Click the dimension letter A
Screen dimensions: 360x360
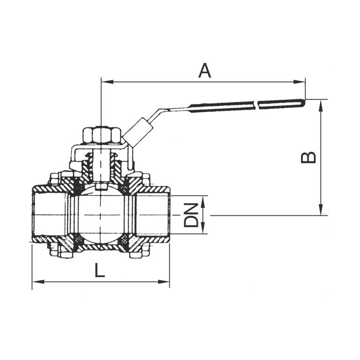pos(204,71)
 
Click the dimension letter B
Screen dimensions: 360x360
pos(308,158)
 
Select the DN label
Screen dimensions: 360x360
pos(191,215)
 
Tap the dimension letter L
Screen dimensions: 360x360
pos(100,270)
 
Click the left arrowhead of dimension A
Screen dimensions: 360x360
pos(107,82)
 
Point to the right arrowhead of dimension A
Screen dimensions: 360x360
pos(299,82)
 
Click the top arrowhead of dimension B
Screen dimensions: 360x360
pos(321,105)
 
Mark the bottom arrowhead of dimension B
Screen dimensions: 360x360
pos(321,209)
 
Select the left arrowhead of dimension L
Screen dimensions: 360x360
pos(38,282)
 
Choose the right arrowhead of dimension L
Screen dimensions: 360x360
pos(164,282)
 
